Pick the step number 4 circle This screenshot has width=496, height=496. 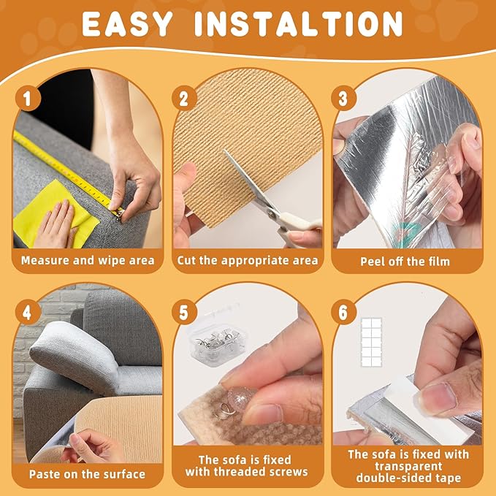(x=28, y=311)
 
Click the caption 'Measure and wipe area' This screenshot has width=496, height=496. (x=87, y=260)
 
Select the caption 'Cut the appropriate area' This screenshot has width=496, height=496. (x=247, y=260)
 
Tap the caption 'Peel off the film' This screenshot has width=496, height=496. (x=406, y=261)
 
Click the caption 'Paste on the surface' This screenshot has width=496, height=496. (x=87, y=473)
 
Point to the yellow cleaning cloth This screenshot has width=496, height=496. (x=55, y=212)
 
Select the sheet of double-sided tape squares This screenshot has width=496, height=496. (x=377, y=339)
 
